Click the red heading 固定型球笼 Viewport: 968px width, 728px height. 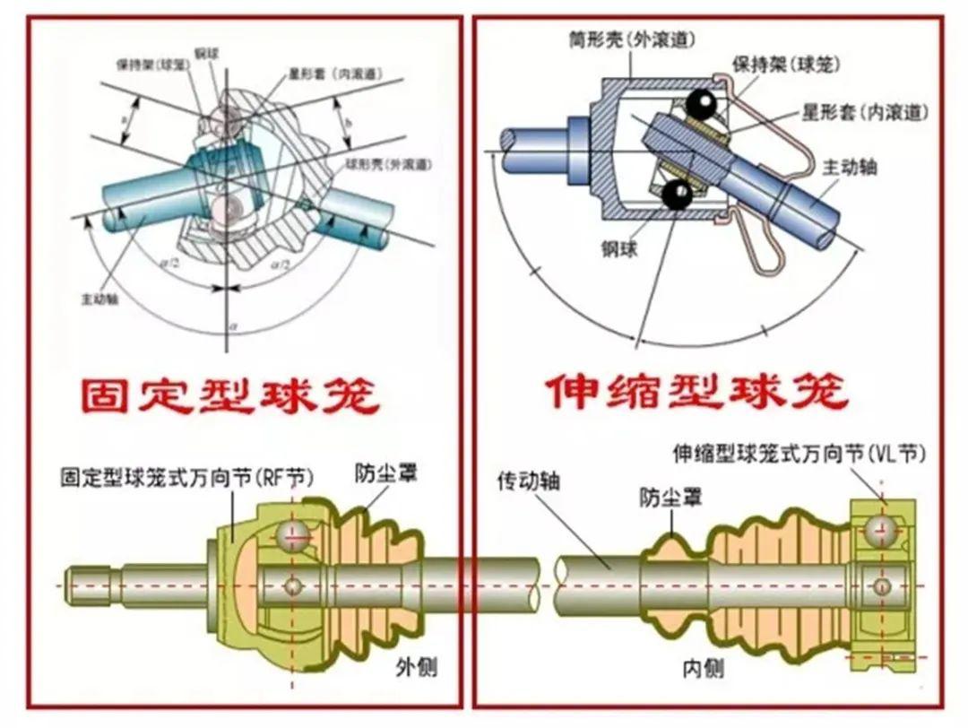(229, 395)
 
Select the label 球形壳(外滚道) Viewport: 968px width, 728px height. (387, 165)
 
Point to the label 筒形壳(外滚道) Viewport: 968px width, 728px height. (632, 39)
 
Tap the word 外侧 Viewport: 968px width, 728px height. (417, 666)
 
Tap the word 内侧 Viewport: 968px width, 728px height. (703, 668)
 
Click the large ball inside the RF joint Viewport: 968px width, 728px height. (292, 535)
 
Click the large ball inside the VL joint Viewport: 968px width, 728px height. (883, 530)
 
